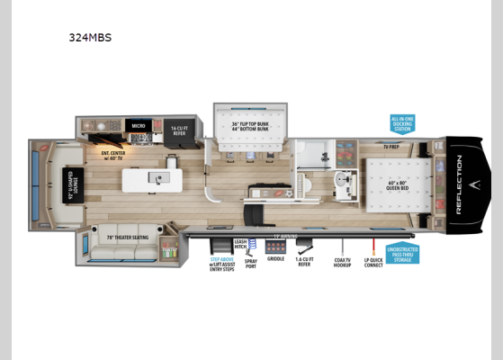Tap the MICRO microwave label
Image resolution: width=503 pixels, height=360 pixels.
[x=139, y=126]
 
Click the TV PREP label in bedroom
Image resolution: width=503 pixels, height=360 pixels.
[x=391, y=145]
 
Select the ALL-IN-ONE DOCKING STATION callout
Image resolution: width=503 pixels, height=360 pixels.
[x=402, y=122]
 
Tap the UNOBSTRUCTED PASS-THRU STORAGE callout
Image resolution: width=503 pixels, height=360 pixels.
[x=402, y=255]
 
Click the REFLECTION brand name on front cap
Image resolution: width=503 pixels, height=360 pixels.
[x=458, y=185]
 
